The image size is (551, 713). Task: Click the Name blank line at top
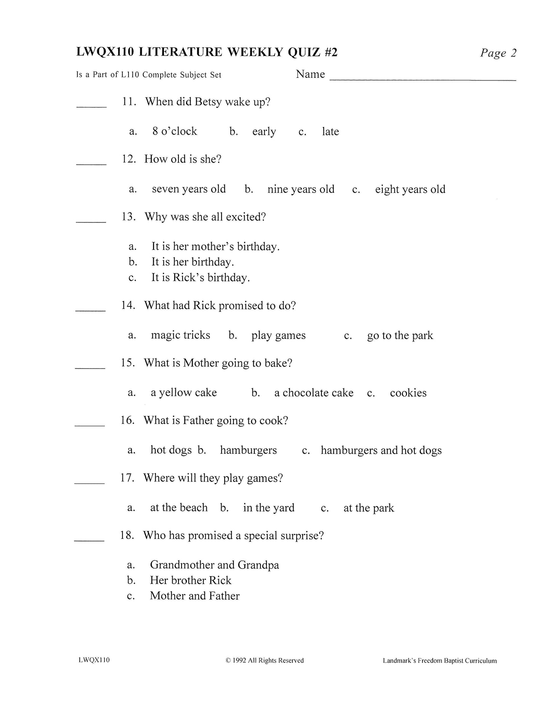coord(422,79)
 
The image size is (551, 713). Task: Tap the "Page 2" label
coord(498,53)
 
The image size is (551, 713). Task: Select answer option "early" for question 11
coord(264,132)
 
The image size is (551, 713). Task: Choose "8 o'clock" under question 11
coord(175,131)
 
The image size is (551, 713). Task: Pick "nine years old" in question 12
coord(300,189)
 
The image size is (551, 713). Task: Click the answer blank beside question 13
coord(91,221)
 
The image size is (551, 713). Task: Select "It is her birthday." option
coord(193,262)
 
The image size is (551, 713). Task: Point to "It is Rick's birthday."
coord(201,278)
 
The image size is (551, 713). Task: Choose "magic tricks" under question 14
coord(180,335)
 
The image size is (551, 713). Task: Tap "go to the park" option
coord(400,336)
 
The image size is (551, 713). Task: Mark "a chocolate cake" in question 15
coord(314,393)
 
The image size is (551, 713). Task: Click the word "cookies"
coord(408,393)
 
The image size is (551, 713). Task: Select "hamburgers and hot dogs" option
coord(381,450)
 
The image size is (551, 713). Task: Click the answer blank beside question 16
coord(90,425)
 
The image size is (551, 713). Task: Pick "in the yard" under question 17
coord(269,508)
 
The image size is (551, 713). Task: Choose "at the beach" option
coord(179,508)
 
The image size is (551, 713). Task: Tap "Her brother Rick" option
coord(191,580)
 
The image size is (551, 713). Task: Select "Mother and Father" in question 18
coord(194,596)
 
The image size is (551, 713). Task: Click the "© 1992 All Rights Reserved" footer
coord(265,660)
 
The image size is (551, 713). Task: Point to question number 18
coord(127,535)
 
